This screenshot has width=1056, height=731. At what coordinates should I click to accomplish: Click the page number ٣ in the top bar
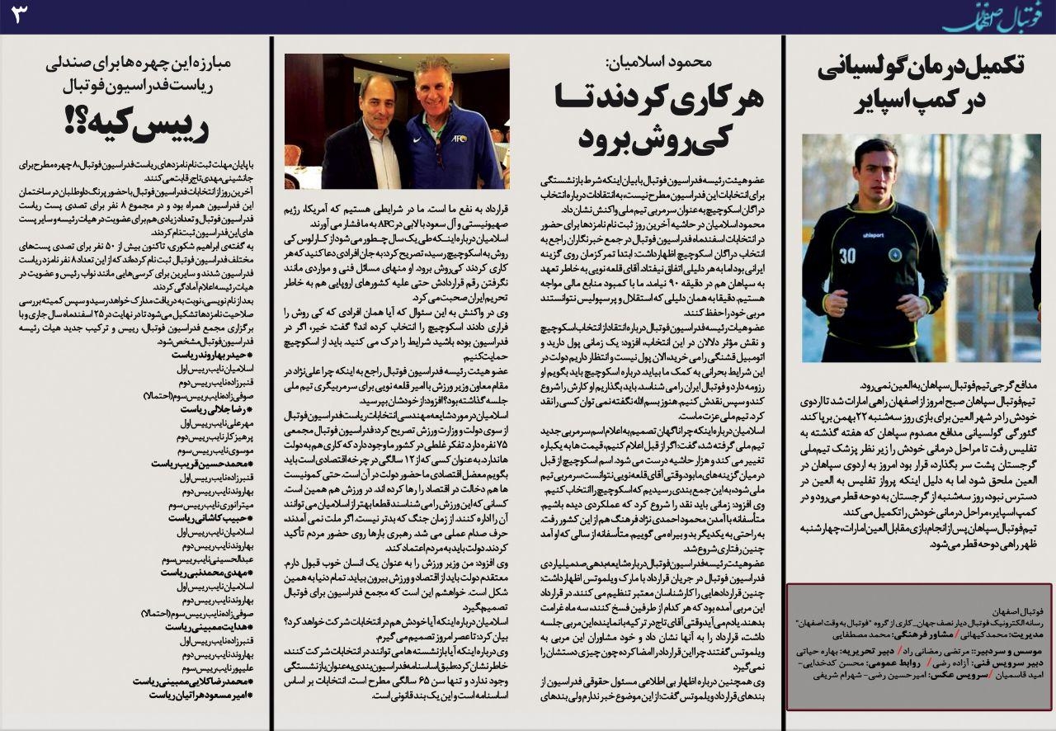[19, 14]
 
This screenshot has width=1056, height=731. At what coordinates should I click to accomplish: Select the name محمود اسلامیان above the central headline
[669, 62]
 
